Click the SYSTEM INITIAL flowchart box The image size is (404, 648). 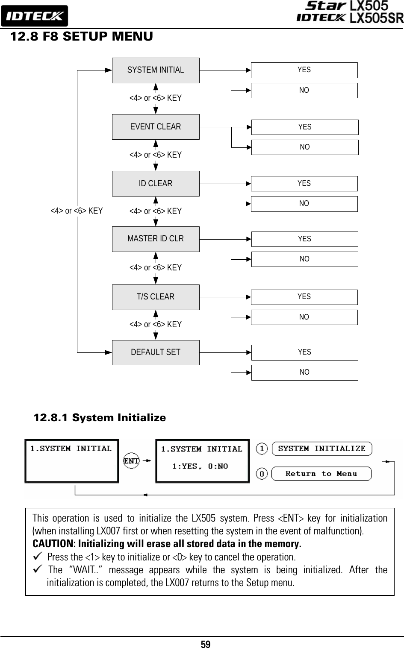pos(156,70)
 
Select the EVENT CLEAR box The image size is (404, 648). pos(156,127)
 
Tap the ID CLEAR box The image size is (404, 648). pos(156,183)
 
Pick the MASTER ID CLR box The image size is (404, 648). pos(156,239)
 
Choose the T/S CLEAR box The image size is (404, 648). pos(156,297)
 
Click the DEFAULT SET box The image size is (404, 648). pos(156,352)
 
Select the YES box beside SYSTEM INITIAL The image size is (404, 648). pos(304,70)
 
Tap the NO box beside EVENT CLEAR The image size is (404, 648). pos(305,147)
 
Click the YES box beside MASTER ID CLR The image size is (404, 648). pos(305,239)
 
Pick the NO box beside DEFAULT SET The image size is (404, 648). pos(305,372)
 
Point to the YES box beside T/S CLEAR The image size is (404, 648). pos(304,297)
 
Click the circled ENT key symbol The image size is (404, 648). pos(131,460)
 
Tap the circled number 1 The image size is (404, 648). pos(262,449)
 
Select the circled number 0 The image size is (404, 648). pos(262,474)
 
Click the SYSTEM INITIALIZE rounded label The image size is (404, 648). pos(322,449)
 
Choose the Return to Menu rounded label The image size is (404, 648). pos(321,474)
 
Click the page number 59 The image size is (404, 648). pos(206,644)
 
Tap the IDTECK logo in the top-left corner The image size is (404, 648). pos(35,16)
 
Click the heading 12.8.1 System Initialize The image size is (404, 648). pos(100,417)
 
